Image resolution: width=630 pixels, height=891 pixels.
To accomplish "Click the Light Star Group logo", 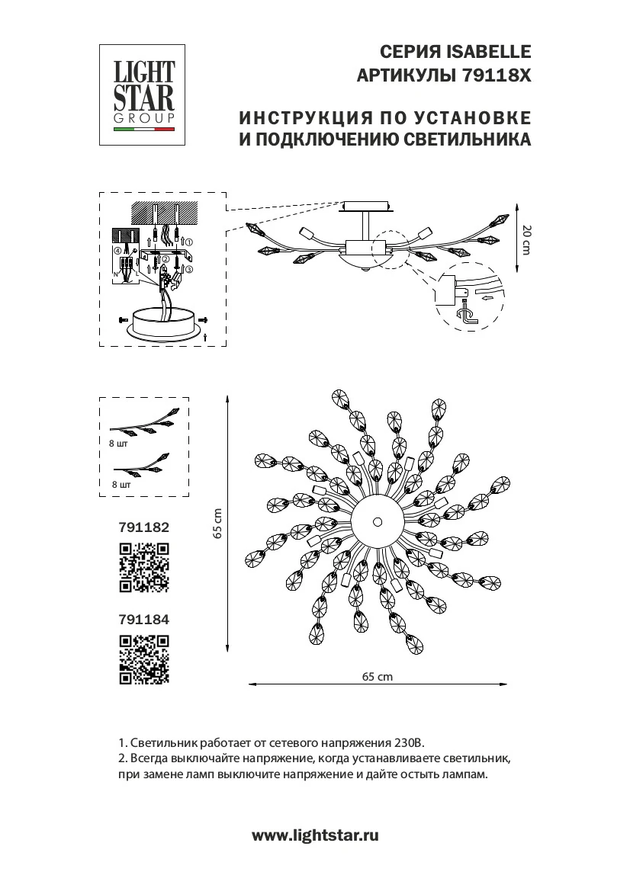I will coord(143,95).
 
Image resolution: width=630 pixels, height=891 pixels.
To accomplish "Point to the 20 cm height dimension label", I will coord(525,239).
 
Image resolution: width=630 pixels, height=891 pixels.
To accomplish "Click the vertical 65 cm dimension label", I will coord(217,523).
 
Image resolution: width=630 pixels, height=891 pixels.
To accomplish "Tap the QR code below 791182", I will coord(143,566).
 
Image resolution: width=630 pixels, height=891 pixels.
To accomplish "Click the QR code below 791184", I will coord(143,659).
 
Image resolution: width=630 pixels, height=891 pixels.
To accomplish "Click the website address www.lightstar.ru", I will coord(315,835).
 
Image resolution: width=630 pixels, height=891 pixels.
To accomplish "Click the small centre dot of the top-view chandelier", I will coord(377,522).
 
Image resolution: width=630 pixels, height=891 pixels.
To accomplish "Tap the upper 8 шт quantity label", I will coord(118,443).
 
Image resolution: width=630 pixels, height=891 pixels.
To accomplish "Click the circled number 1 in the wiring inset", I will coord(190,242).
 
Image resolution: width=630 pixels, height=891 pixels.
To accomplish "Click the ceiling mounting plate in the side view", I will coord(368,207).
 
